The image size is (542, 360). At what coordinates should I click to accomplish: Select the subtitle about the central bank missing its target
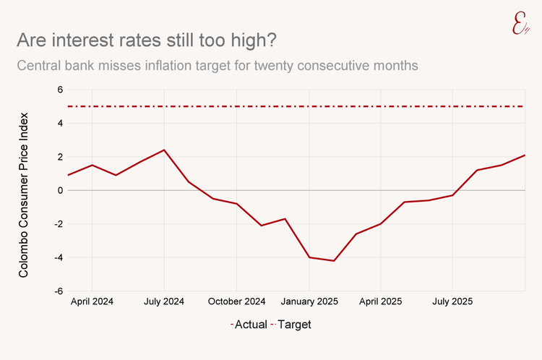[x=218, y=66]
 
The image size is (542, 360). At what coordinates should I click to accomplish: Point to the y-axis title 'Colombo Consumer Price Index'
[x=24, y=194]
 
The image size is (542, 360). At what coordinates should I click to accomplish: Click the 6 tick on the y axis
[x=61, y=90]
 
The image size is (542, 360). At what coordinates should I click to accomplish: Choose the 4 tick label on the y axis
[x=61, y=124]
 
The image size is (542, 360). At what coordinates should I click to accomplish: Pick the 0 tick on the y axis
[x=61, y=190]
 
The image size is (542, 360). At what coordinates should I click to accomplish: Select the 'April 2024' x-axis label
[x=92, y=301]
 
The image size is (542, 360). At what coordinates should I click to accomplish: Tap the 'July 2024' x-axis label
[x=164, y=301]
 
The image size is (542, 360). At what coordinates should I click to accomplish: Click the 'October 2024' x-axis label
[x=236, y=301]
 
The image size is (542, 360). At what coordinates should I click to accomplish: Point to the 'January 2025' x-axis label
[x=309, y=301]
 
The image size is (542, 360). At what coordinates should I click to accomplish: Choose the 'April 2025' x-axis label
[x=381, y=301]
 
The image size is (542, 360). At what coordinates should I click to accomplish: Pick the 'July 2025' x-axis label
[x=452, y=301]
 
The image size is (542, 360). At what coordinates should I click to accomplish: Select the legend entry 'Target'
[x=294, y=325]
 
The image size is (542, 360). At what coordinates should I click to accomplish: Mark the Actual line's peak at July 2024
[x=164, y=150]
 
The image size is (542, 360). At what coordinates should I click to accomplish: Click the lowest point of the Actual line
[x=333, y=260]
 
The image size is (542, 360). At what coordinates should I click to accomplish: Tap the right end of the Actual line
[x=525, y=155]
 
